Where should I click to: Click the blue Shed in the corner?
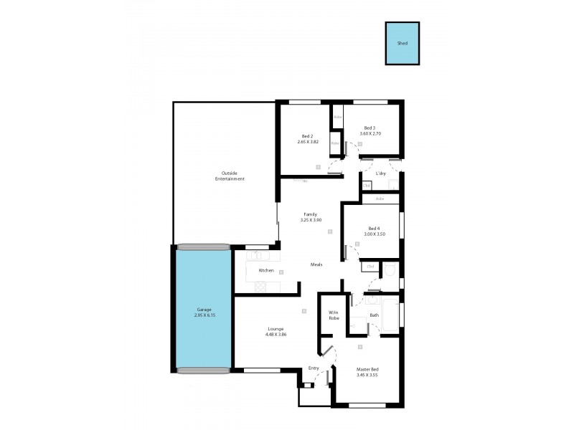point(403,44)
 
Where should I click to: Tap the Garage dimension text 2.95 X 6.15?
point(204,315)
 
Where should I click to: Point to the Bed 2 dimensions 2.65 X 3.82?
point(307,142)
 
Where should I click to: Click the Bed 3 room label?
point(369,128)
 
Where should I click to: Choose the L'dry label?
point(381,173)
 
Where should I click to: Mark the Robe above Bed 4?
point(380,199)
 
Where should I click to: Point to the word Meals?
point(316,264)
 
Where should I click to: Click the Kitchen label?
point(266,270)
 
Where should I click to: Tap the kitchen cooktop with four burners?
point(261,286)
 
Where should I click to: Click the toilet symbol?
point(388,270)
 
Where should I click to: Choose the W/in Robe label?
point(334,315)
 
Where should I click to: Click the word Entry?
point(314,368)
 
